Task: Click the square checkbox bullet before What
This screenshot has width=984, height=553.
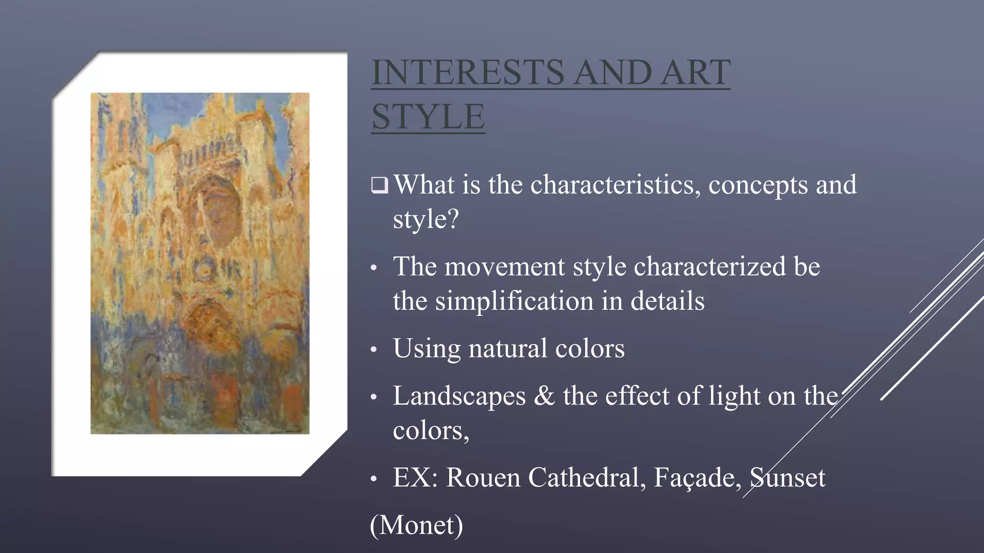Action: click(x=379, y=185)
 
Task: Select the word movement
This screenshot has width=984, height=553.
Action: click(x=504, y=266)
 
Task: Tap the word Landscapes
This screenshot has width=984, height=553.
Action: click(x=459, y=396)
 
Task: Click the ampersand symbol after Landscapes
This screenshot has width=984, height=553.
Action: click(x=544, y=396)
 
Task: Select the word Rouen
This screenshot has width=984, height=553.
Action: click(x=483, y=478)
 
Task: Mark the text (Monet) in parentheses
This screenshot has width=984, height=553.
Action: click(x=417, y=525)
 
